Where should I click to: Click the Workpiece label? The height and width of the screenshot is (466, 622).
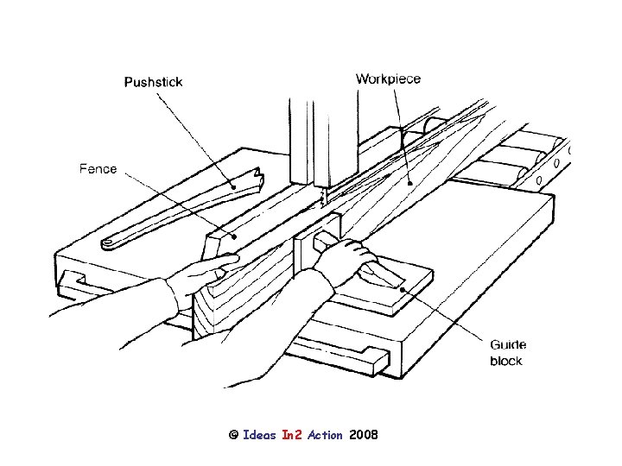[x=388, y=79]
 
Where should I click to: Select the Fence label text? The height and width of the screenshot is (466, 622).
[x=98, y=168]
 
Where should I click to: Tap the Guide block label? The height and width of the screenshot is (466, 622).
[x=506, y=352]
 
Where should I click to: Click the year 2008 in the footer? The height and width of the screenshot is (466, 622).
[x=364, y=434]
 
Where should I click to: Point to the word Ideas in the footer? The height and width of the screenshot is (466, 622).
[x=260, y=434]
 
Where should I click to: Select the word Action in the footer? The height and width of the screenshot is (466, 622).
[x=325, y=434]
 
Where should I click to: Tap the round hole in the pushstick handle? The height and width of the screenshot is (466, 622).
[x=109, y=243]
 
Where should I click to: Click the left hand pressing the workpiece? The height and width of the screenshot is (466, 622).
[x=204, y=275]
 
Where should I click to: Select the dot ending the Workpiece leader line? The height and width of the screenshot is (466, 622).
[x=409, y=182]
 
